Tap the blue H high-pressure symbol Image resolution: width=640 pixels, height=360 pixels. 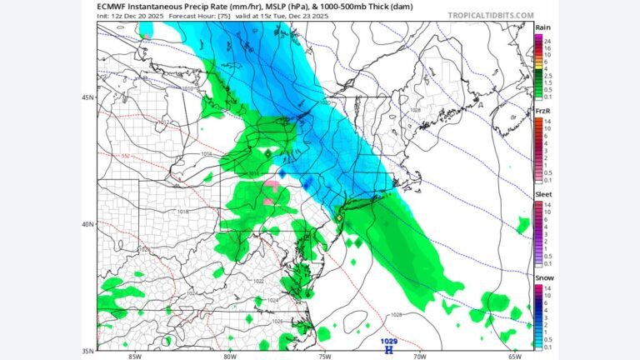(388, 349)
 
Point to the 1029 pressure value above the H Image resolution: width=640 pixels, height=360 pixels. (388, 341)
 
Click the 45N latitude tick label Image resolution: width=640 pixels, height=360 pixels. (87, 97)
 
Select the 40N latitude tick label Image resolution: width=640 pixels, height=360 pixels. (87, 224)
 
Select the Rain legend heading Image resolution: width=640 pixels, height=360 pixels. (542, 27)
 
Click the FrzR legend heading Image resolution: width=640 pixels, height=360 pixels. (542, 111)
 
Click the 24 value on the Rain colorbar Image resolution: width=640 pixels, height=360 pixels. (547, 40)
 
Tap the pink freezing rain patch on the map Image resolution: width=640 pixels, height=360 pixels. (272, 184)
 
